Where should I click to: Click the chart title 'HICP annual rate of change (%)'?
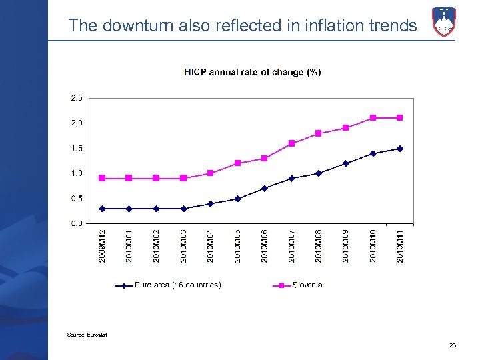252,72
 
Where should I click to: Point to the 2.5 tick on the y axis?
77,98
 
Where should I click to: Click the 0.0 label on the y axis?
77,224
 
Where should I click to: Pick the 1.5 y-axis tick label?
77,148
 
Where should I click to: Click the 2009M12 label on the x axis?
102,246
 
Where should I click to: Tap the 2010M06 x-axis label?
265,246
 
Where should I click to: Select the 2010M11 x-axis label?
400,246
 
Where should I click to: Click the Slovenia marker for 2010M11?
400,118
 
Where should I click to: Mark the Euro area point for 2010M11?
400,149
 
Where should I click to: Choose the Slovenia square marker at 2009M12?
102,178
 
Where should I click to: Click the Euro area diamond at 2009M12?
102,209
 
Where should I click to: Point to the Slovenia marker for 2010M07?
292,143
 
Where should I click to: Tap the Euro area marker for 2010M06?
265,189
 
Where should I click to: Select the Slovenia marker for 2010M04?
211,173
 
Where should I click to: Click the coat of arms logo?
444,21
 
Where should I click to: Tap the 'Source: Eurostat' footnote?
87,334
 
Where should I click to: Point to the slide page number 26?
453,345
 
